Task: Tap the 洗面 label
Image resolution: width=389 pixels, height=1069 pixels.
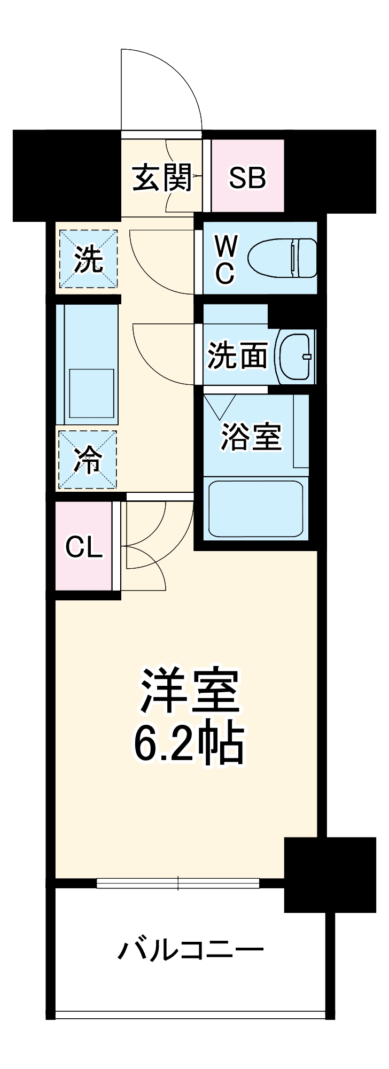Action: (x=237, y=355)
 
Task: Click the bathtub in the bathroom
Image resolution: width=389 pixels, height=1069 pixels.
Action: (x=255, y=508)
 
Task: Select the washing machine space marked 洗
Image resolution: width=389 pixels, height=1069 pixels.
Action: (x=88, y=259)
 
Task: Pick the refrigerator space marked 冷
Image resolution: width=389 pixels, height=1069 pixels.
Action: (x=88, y=460)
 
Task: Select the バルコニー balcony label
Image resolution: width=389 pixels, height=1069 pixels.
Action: (x=191, y=950)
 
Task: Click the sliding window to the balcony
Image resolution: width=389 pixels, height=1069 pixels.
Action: (x=178, y=884)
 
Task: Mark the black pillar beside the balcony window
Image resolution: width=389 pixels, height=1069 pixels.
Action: (x=329, y=874)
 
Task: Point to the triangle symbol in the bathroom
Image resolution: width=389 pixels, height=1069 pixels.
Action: (x=220, y=406)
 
